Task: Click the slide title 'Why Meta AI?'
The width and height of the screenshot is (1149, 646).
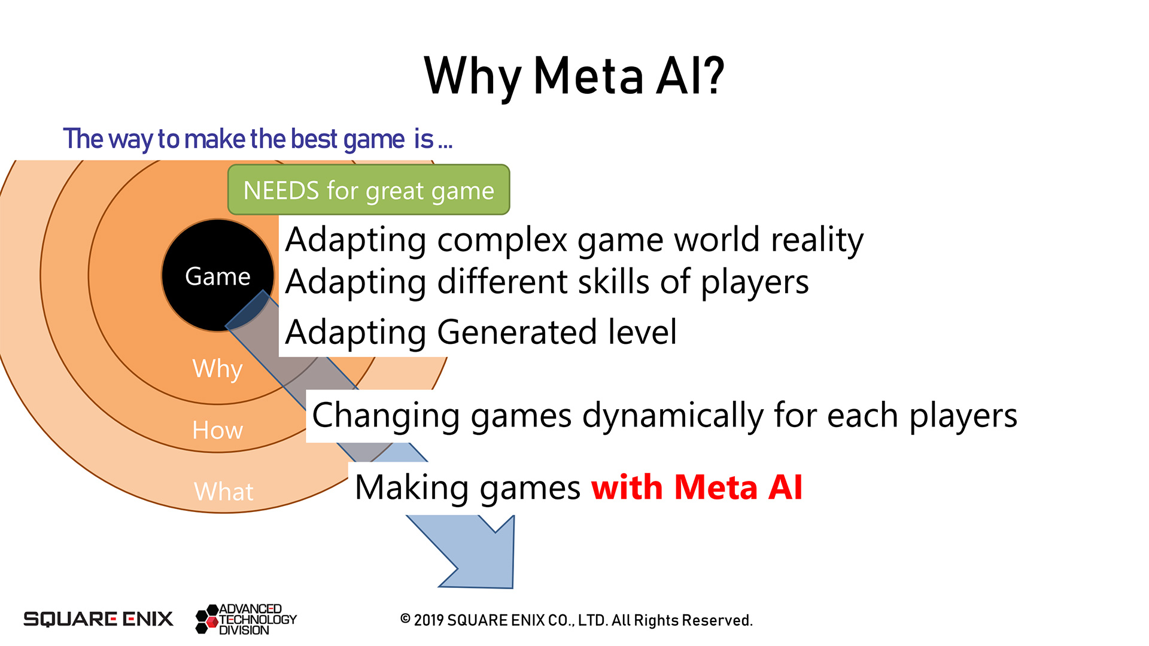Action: pyautogui.click(x=574, y=77)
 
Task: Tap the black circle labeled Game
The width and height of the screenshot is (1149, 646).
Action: pyautogui.click(x=218, y=275)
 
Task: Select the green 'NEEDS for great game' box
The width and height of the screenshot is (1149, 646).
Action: pyautogui.click(x=369, y=190)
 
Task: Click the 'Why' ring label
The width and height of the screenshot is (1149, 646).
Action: pyautogui.click(x=217, y=368)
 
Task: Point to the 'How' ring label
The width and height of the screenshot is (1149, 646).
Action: pyautogui.click(x=217, y=430)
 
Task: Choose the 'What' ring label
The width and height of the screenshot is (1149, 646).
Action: pyautogui.click(x=224, y=492)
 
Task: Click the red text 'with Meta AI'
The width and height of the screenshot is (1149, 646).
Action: pyautogui.click(x=697, y=487)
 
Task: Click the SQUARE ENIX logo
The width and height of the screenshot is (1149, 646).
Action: pyautogui.click(x=98, y=619)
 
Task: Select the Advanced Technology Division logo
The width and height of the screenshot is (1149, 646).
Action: pyautogui.click(x=246, y=619)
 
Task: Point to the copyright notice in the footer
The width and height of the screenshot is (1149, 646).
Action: pyautogui.click(x=576, y=620)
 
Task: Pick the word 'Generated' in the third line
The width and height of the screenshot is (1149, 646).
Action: pyautogui.click(x=517, y=332)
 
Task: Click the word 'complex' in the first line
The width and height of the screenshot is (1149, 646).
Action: pyautogui.click(x=502, y=240)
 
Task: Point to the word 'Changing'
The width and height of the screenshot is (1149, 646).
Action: pyautogui.click(x=386, y=416)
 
